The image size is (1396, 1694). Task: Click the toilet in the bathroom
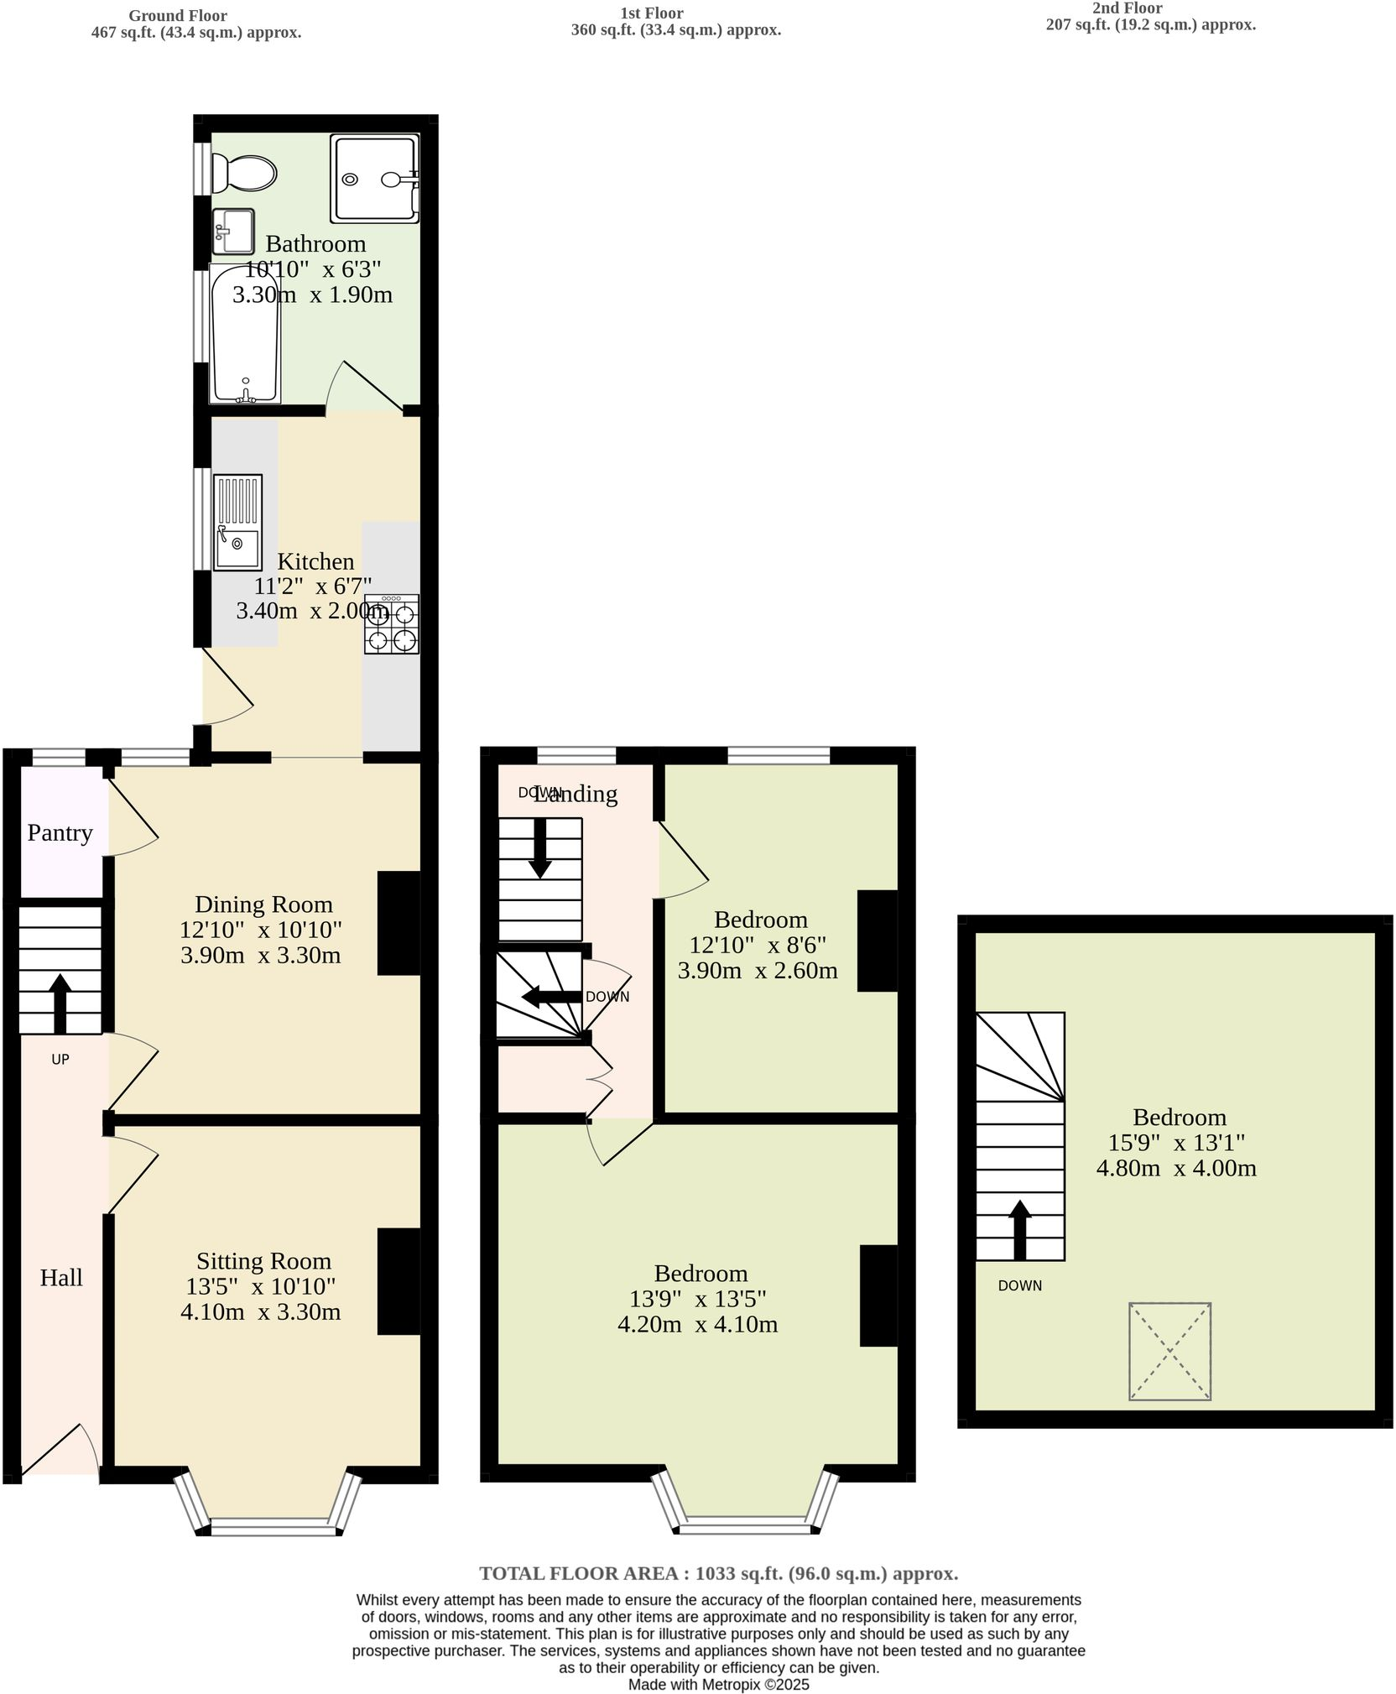pos(243,172)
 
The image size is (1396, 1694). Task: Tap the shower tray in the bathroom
pos(374,179)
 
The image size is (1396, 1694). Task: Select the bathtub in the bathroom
pos(244,334)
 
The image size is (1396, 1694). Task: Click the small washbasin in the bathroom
pos(233,231)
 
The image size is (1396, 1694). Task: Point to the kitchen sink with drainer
pos(237,523)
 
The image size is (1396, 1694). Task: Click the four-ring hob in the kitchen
pos(392,624)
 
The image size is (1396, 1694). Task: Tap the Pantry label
pos(60,832)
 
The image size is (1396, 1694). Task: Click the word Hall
pos(61,1278)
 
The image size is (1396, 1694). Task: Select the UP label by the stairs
pos(60,1060)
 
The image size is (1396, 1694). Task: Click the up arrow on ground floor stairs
pos(60,1002)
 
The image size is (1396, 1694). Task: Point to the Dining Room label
pos(263,904)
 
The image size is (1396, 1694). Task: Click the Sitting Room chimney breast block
pos(398,1281)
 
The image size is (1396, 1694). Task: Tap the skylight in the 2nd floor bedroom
pos(1169,1351)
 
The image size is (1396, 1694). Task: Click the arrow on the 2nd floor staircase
pos(1019,1229)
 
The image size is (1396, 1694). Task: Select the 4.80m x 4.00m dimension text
pos(1176,1168)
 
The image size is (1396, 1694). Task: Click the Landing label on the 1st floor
pos(576,794)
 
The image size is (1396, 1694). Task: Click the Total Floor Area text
pos(718,1573)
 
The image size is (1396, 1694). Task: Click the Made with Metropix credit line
pos(718,1684)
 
